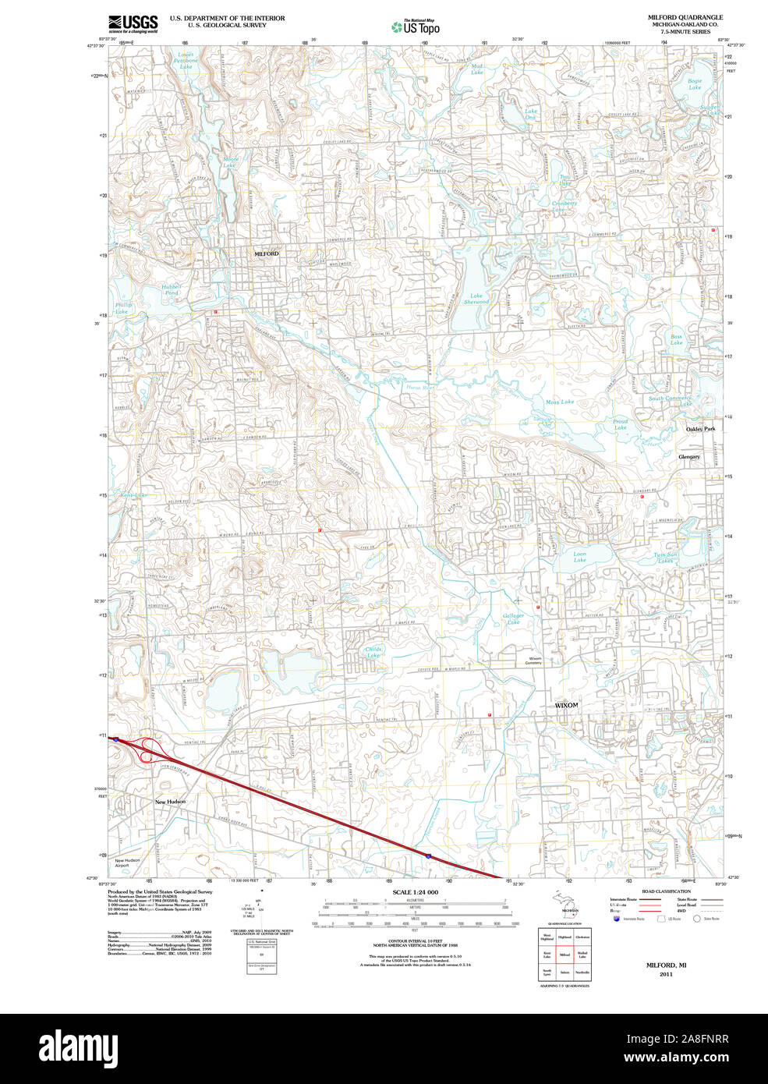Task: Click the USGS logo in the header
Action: [x=133, y=23]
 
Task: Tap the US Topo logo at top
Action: [x=416, y=27]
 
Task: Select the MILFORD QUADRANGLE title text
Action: [x=685, y=17]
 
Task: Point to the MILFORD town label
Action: [x=266, y=254]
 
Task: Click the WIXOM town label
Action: [x=566, y=705]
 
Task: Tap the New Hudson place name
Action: [x=170, y=802]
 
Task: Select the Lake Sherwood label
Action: [x=476, y=299]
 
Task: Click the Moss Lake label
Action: [x=559, y=402]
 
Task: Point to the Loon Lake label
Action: [x=579, y=557]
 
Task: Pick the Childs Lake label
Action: [x=373, y=652]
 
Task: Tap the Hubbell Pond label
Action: [x=171, y=289]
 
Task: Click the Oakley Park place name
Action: [x=699, y=429]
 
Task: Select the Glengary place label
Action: [x=689, y=457]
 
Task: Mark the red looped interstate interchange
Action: [x=147, y=750]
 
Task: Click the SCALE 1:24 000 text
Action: [x=415, y=892]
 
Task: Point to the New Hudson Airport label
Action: [x=127, y=863]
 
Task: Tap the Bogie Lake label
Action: [x=694, y=83]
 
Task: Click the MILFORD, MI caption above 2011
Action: [x=665, y=965]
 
